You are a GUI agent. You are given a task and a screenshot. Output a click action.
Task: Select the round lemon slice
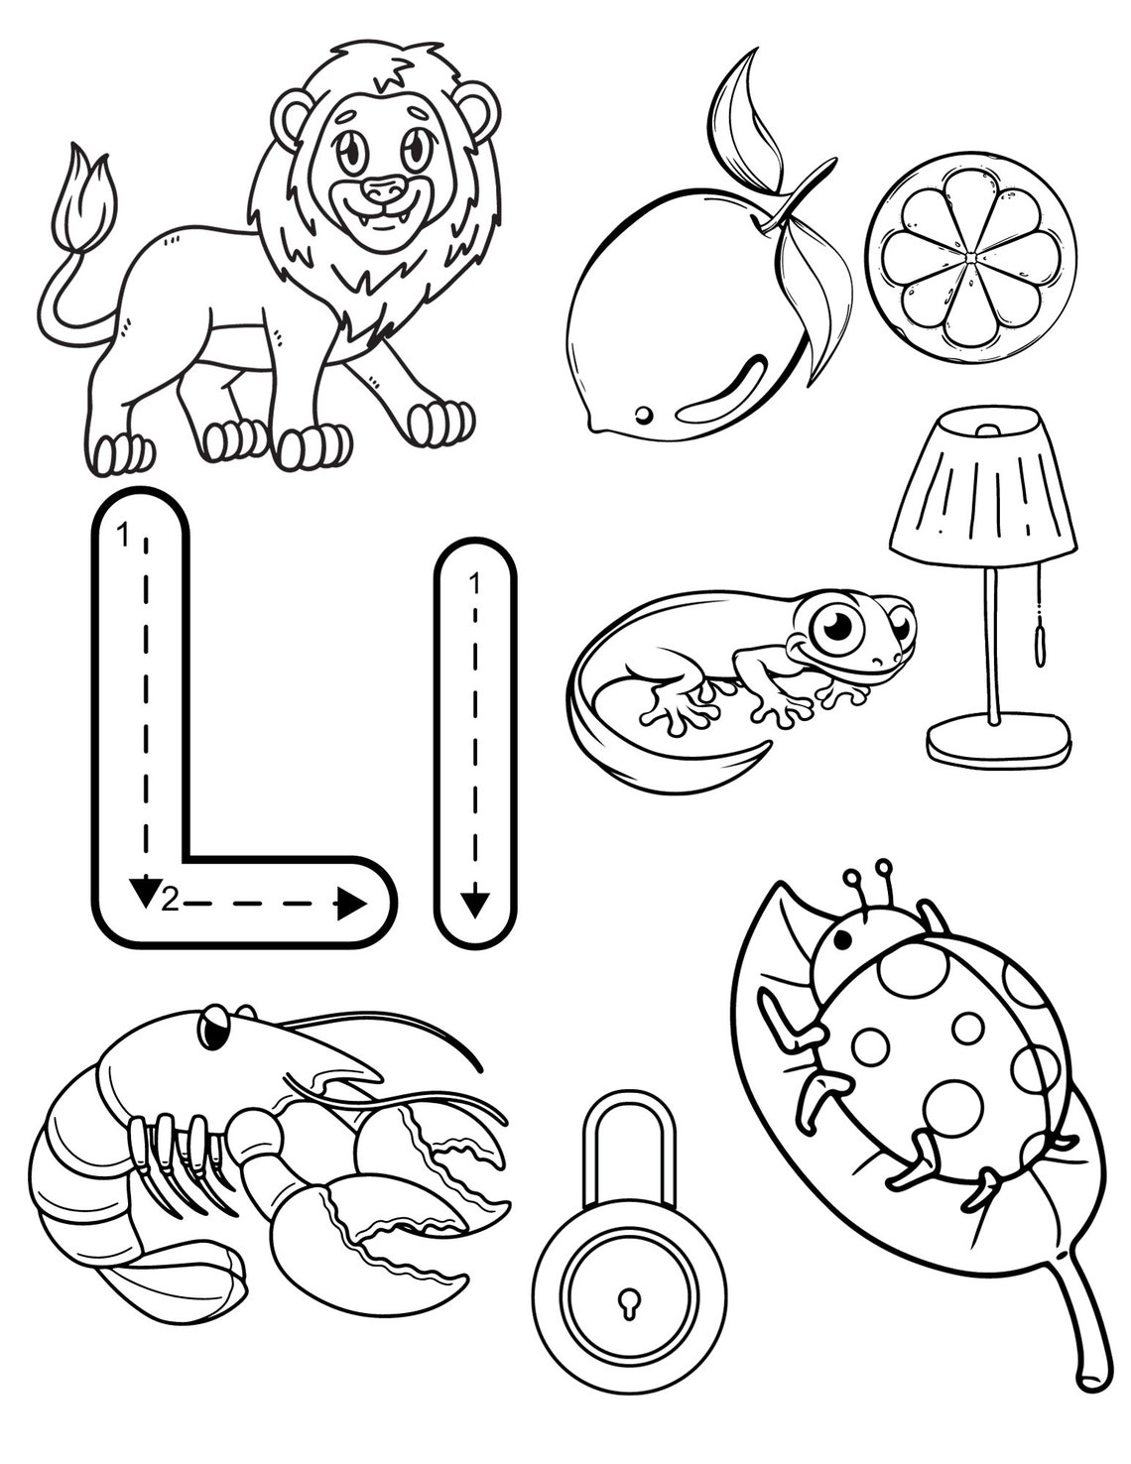[970, 250]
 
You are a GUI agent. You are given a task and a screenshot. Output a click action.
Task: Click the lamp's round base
[998, 739]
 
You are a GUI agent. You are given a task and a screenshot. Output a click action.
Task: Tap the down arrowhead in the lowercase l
[474, 903]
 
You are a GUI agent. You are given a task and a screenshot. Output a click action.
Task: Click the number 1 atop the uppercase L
[122, 537]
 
